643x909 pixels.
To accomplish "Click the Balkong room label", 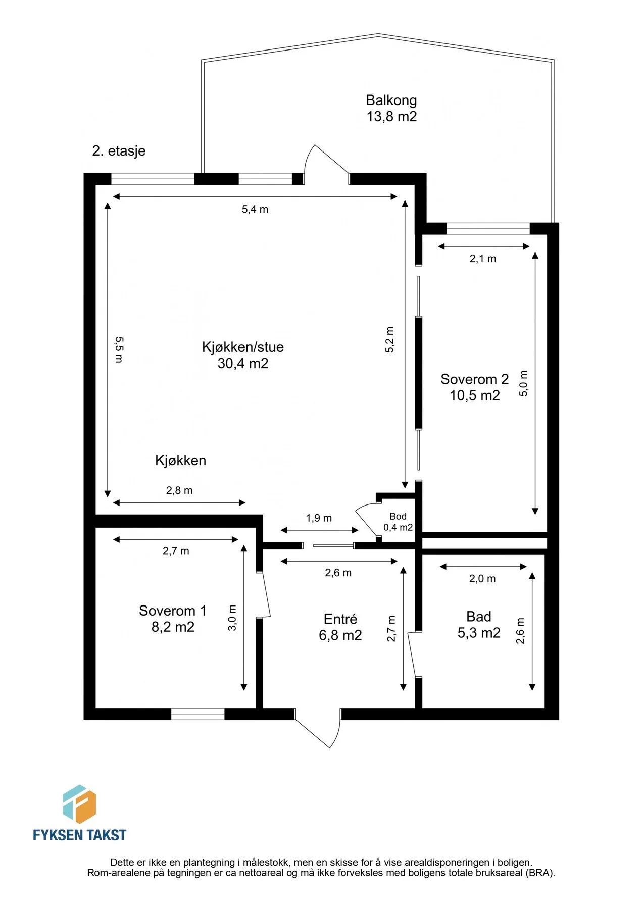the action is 391,100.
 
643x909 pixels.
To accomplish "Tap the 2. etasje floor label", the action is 119,151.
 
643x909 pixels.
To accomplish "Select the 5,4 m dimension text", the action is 255,209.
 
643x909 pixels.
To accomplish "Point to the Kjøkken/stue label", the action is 243,347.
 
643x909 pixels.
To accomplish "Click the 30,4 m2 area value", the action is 243,363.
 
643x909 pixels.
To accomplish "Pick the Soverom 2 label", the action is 474,379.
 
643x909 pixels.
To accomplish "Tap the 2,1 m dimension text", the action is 483,259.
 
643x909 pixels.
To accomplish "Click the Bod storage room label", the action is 398,516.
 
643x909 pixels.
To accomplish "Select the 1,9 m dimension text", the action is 319,518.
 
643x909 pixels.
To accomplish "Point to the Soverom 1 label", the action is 173,611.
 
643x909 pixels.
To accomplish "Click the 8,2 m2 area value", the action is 173,627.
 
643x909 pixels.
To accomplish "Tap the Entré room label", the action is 340,619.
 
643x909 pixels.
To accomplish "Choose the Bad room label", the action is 479,617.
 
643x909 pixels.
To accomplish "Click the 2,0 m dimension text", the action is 482,579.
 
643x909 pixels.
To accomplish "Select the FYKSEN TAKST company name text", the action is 79,835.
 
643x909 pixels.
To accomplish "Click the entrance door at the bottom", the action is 318,727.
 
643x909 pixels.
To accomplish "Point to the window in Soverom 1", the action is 197,714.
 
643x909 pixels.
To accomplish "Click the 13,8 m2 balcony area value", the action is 391,117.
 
